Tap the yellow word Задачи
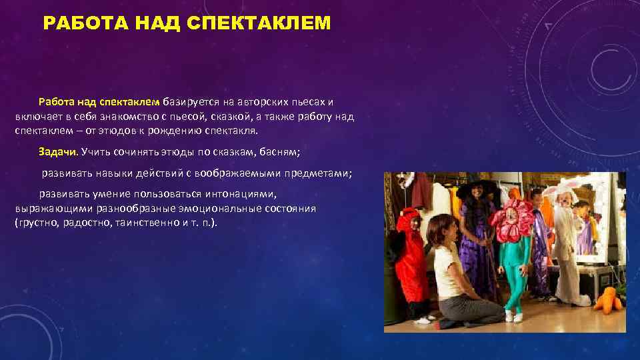click(x=58, y=151)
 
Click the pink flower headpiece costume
click(x=511, y=220)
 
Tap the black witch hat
click(x=477, y=186)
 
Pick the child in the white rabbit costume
click(x=564, y=240)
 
